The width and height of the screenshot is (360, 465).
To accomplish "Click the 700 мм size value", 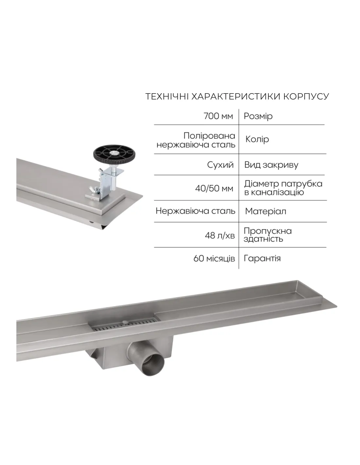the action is tap(218, 116).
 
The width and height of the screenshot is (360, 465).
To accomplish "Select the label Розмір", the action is tap(258, 116).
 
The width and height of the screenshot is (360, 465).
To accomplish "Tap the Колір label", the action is tap(257, 139).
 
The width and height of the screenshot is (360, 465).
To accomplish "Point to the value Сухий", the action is tap(220, 165).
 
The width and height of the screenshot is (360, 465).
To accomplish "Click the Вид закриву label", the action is tap(271, 165).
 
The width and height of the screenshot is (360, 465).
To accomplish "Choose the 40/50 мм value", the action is tap(214, 189).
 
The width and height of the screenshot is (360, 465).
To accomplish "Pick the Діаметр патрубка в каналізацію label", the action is tap(283, 188).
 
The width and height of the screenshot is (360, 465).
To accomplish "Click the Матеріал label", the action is tap(265, 212).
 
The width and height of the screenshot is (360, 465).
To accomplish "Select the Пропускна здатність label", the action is tap(268, 235).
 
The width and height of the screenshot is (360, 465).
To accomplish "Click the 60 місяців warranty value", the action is tap(214, 259).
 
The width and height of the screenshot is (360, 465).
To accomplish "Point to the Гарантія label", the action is tap(262, 259).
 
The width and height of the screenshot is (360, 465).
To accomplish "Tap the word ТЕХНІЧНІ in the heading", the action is tap(167, 96).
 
